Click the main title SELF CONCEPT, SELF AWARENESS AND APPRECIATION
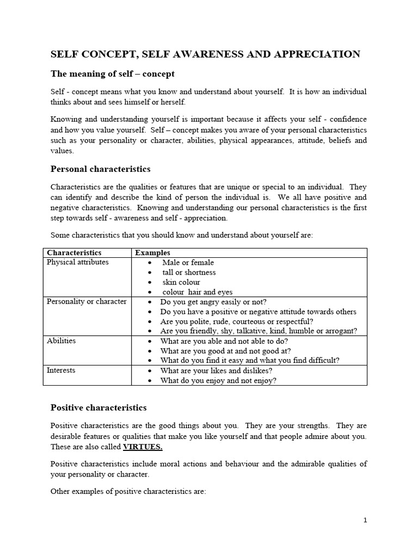tap(205, 54)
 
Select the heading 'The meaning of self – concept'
tap(113, 73)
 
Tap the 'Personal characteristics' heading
tap(101, 169)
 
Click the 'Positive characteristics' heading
tap(99, 407)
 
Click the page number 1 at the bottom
tap(365, 520)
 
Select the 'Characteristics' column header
tap(74, 253)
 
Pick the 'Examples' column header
tap(152, 253)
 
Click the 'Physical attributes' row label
tap(78, 262)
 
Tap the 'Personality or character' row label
tap(87, 301)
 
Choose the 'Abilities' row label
tap(62, 341)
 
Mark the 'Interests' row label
tap(61, 370)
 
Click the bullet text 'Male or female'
tap(188, 263)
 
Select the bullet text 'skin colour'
tap(181, 282)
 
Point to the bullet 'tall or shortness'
tap(189, 273)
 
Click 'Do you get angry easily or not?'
tap(213, 302)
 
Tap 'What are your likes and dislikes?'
tap(216, 371)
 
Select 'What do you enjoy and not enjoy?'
tap(218, 381)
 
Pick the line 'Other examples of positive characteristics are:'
tap(128, 491)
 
